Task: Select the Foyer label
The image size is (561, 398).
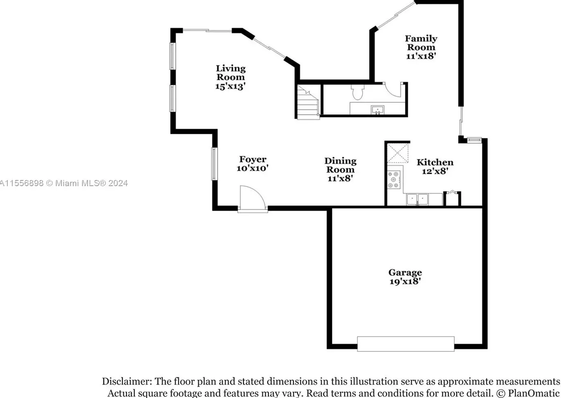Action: coord(252,160)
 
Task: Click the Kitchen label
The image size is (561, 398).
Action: coord(435,162)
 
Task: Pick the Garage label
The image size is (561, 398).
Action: coord(405,272)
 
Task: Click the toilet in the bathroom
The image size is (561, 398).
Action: coord(357,92)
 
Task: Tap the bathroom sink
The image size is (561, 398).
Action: coord(377,110)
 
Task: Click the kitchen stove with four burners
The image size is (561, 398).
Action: coord(394,180)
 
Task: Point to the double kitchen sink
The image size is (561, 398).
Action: coord(417,199)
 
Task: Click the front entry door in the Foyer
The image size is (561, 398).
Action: coord(252,199)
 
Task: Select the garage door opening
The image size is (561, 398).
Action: coord(406,344)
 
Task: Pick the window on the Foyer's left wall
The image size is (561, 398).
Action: coord(214,164)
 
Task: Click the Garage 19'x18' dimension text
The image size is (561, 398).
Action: coord(405,281)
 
